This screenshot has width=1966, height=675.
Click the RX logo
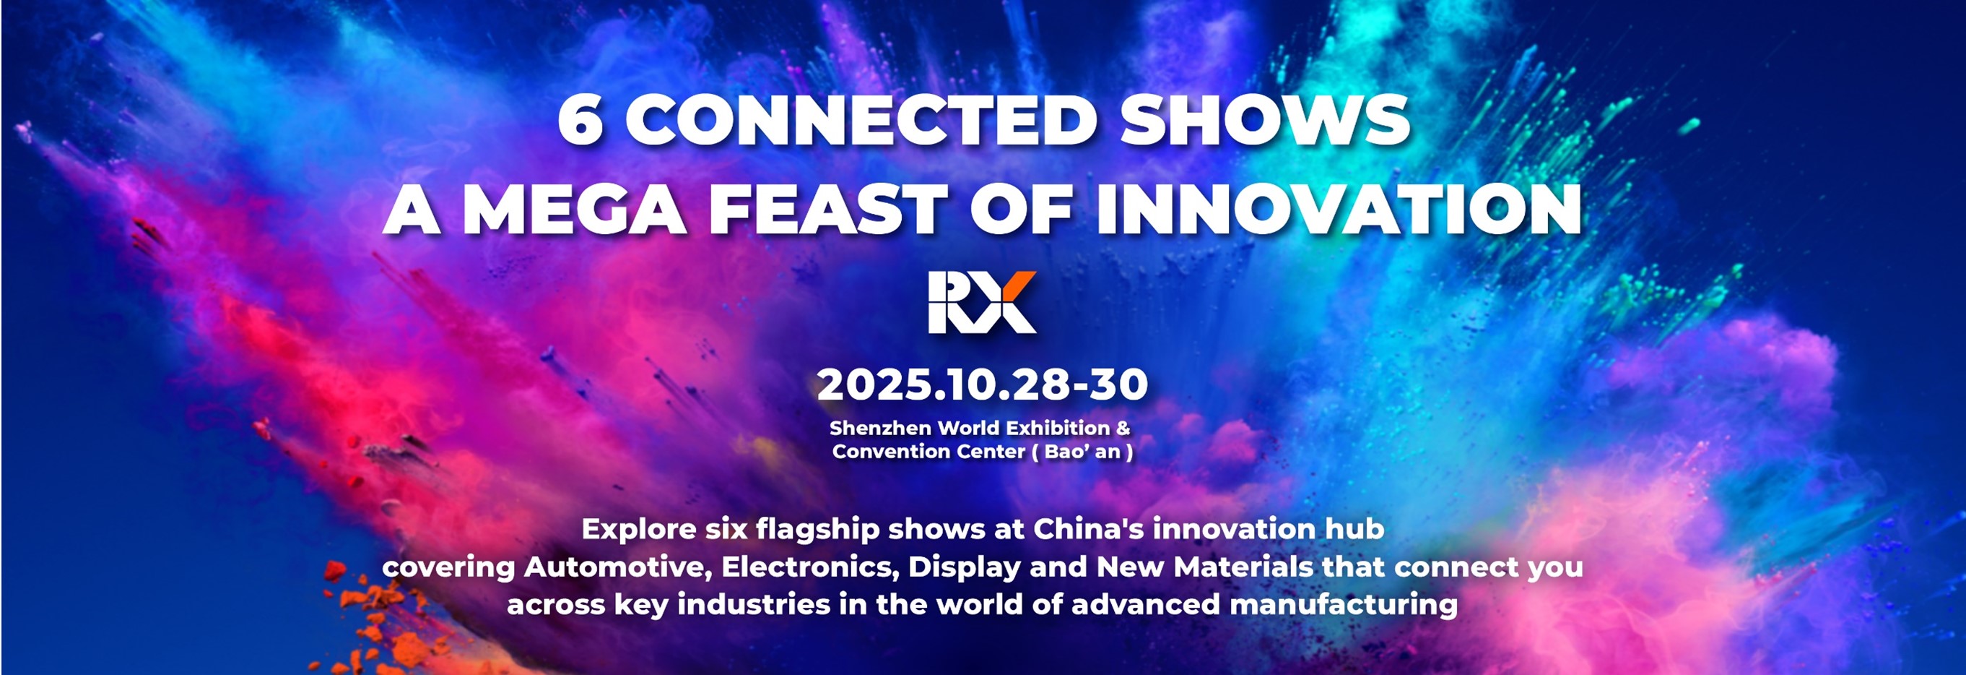tap(982, 302)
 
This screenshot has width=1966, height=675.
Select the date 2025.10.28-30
tap(982, 385)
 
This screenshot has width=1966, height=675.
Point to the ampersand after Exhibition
tap(1123, 428)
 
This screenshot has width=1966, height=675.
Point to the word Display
tap(964, 568)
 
